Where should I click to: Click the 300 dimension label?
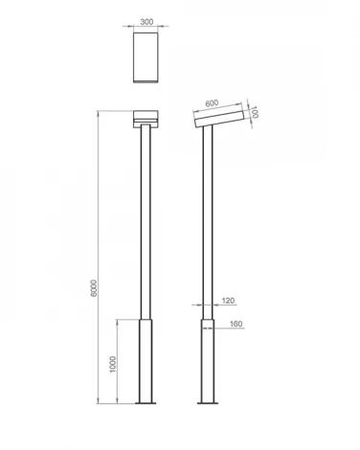point(146,22)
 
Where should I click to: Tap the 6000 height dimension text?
point(94,288)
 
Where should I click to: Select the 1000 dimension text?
point(113,364)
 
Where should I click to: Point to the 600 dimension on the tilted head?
point(212,103)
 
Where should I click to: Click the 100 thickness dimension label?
point(254,112)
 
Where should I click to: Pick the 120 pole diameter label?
point(228,301)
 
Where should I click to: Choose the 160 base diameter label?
point(236,324)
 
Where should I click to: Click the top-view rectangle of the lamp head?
point(146,57)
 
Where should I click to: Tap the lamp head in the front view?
point(146,119)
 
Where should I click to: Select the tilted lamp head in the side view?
point(219,118)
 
